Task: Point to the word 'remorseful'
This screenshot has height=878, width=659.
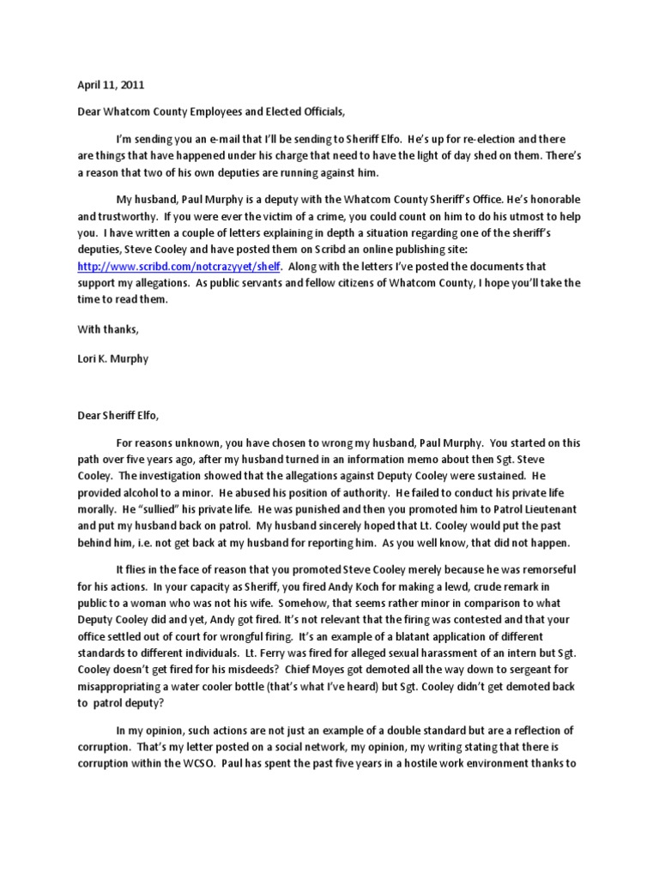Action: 539,570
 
